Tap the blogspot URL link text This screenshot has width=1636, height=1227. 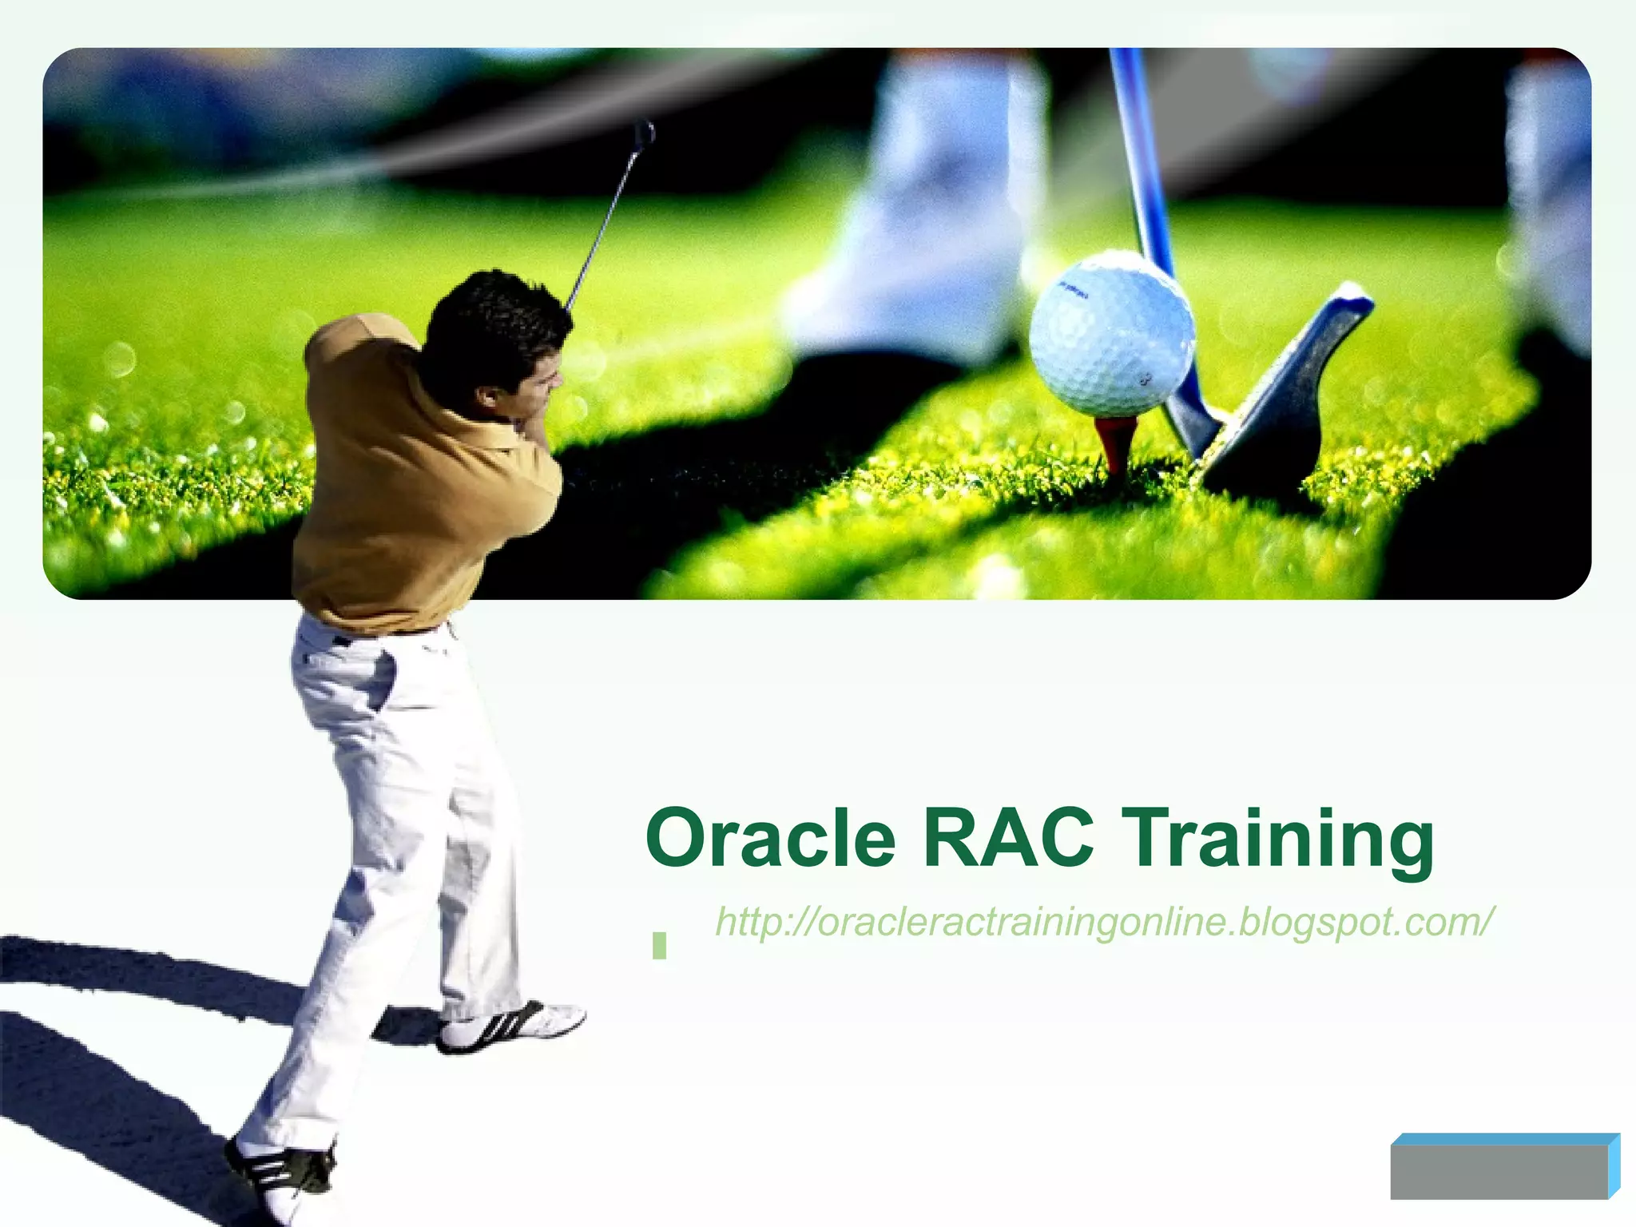coord(1102,922)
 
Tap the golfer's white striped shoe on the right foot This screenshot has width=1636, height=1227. coord(511,1026)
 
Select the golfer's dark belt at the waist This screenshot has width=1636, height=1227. coord(343,640)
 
